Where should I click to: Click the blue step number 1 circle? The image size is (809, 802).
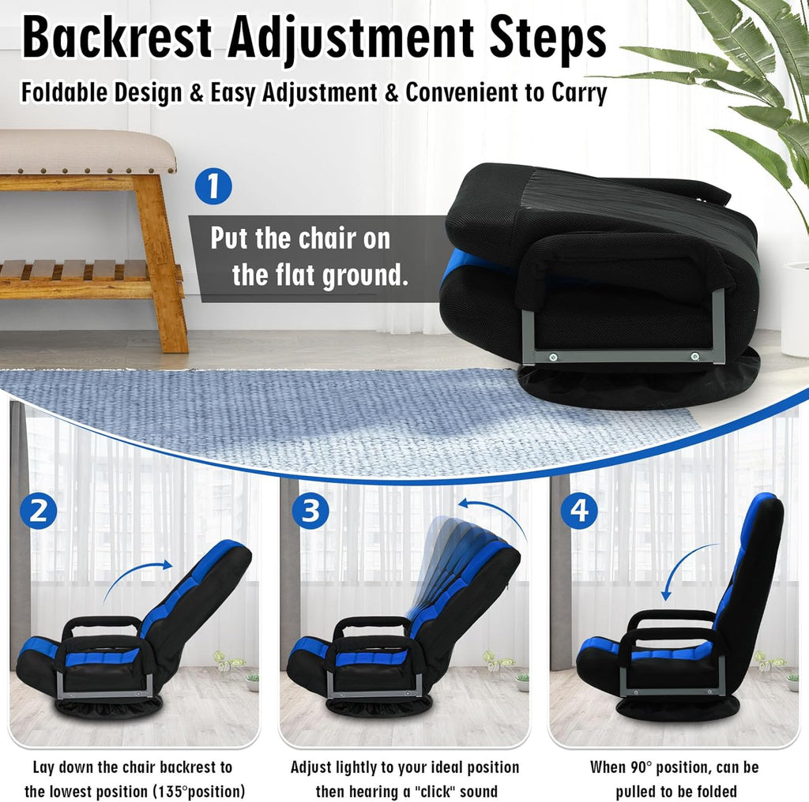213,186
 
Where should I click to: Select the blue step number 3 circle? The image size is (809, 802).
310,510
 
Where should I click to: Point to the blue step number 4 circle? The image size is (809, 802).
579,510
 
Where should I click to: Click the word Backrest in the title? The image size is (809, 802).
117,38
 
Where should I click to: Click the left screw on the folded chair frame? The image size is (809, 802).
553,357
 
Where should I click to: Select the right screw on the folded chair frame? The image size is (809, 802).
695,356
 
